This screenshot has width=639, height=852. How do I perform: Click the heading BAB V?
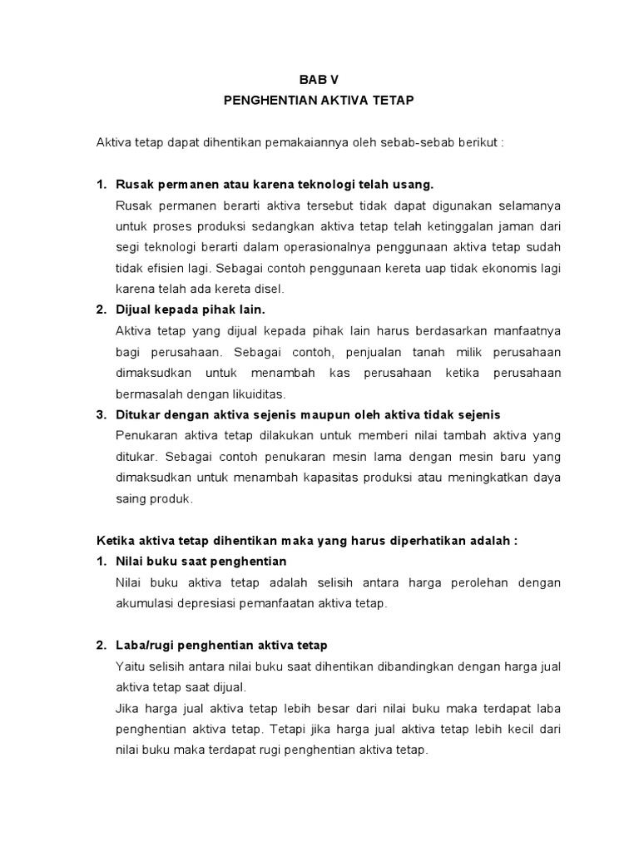coord(319,79)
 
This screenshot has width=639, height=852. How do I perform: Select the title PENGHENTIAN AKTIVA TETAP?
coord(319,100)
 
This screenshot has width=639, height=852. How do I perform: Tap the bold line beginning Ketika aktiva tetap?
coord(307,540)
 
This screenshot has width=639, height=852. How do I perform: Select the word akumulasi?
coord(146,603)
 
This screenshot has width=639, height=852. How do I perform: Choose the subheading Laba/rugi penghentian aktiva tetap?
coord(221,645)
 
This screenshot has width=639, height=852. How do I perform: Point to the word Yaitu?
coord(130,666)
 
